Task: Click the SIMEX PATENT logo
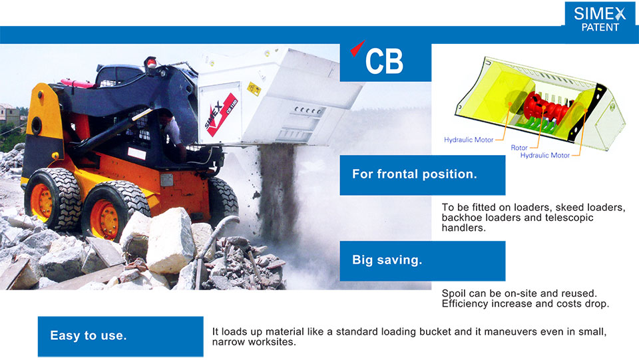[600, 20]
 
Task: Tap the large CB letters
[384, 61]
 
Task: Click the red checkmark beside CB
[357, 48]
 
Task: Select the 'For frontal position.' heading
[415, 174]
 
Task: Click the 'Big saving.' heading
[387, 260]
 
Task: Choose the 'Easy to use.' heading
[89, 335]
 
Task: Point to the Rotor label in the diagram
[519, 148]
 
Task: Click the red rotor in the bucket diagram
[546, 107]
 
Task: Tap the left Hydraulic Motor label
[469, 140]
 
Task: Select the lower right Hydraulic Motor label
[545, 155]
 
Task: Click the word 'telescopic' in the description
[569, 218]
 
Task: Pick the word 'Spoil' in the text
[453, 293]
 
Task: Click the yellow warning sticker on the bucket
[254, 89]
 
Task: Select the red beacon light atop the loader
[151, 63]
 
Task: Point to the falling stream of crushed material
[278, 192]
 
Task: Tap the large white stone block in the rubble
[170, 240]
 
